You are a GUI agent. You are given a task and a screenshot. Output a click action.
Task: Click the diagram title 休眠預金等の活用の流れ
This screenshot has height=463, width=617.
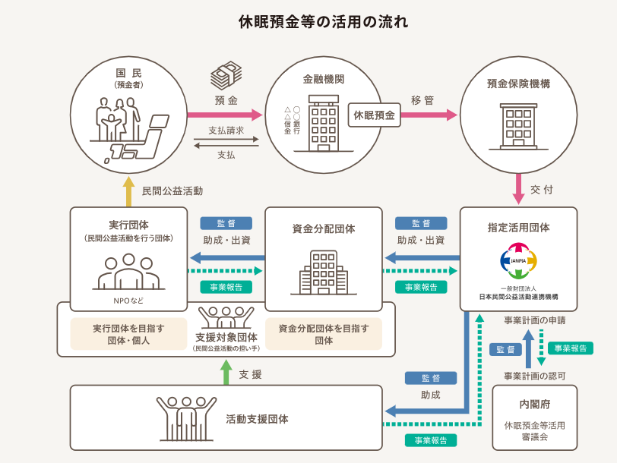pos(323,21)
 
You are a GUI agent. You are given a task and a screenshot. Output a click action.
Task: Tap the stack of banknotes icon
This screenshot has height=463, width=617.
pos(226,75)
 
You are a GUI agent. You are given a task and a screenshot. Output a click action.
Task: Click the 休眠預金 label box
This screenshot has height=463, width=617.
pos(374,115)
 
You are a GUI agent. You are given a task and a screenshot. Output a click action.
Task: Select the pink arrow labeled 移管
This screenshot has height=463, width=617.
pos(429,115)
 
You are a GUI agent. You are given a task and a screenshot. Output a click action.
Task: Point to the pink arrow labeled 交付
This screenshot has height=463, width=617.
pos(518,189)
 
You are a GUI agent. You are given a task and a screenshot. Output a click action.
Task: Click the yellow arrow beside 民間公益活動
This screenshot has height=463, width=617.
pos(128,191)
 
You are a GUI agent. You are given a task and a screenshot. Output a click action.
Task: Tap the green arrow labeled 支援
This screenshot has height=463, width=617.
pos(226,372)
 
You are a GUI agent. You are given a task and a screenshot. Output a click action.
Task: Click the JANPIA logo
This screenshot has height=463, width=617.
pos(518,260)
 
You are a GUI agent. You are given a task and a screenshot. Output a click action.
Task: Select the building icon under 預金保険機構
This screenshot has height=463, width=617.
pos(518,127)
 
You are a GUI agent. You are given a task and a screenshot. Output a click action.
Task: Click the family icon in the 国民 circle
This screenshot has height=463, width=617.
pos(118,119)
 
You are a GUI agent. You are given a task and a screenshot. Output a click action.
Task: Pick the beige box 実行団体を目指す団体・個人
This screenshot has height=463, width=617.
pos(128,334)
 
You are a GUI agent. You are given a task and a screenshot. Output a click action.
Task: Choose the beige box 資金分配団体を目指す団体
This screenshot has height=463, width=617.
pos(324,334)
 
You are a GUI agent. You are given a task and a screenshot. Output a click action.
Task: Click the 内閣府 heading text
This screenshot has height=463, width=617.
pos(534,405)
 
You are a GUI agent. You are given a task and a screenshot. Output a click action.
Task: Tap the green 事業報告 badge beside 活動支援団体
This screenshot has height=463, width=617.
pos(431,440)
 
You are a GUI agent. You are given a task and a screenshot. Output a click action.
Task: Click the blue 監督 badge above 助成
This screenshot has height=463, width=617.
pos(431,378)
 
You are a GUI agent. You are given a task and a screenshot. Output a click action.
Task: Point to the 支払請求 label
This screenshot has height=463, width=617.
pos(226,130)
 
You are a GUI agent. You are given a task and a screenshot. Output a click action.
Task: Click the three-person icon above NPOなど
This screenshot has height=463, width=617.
pos(128,272)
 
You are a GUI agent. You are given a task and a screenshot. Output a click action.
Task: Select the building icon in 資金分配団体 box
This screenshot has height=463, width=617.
pos(324,272)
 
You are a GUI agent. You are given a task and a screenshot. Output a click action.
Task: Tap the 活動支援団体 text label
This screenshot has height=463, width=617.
pos(257,420)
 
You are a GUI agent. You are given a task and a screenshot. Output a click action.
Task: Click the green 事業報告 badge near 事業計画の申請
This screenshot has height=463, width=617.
pos(570,348)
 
